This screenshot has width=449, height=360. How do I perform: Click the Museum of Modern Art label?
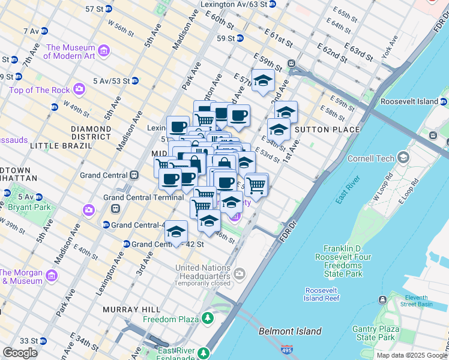(70, 52)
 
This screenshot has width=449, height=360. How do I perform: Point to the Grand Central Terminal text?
(143, 197)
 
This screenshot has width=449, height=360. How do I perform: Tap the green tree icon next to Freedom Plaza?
(207, 317)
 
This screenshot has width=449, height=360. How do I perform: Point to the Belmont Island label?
(290, 331)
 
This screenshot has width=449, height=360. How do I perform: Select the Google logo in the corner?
(20, 353)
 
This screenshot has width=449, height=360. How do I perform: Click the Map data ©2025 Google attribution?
(411, 355)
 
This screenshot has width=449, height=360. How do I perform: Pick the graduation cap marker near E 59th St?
(263, 82)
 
